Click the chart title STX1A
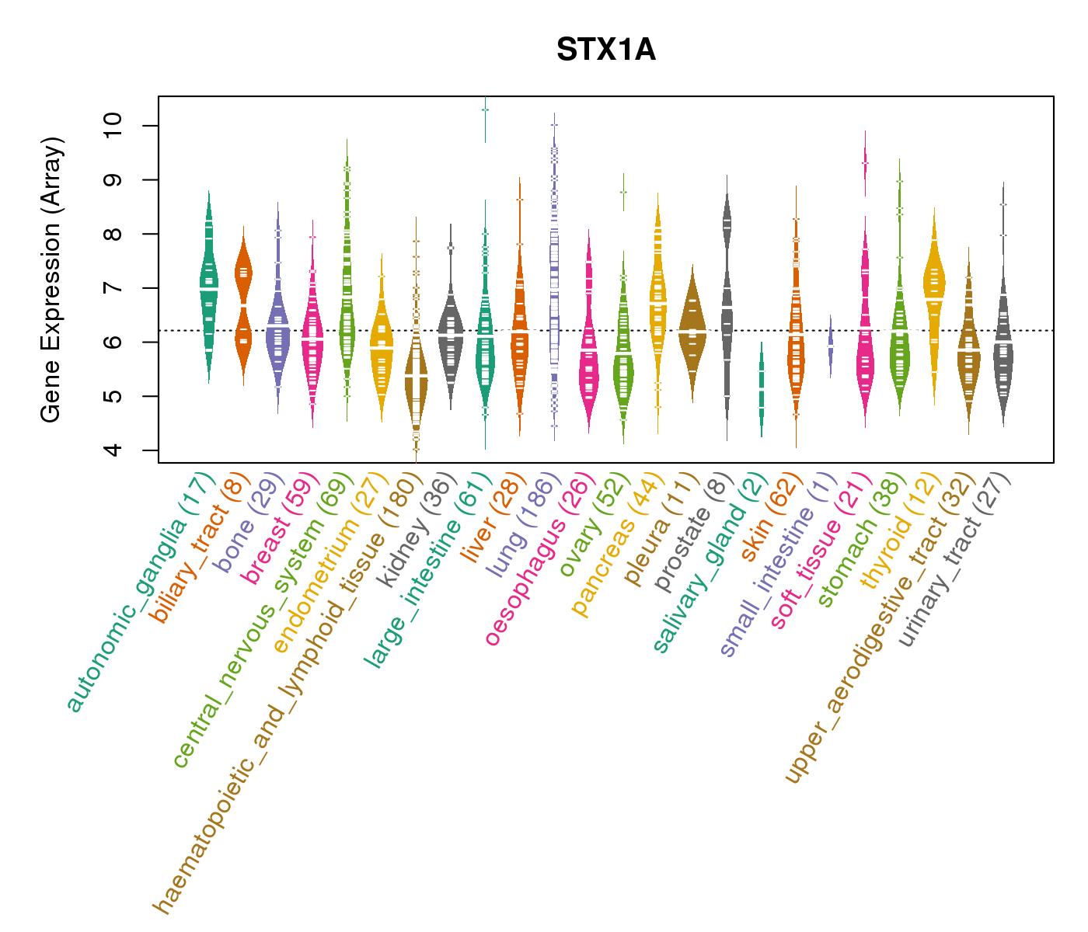tap(605, 50)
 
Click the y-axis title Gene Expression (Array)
tap(51, 280)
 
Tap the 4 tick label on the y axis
tap(113, 450)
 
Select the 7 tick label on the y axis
tap(113, 288)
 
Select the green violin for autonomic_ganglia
tap(208, 287)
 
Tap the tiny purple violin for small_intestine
tap(830, 346)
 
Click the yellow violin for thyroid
tap(934, 295)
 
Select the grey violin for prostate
tap(727, 311)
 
